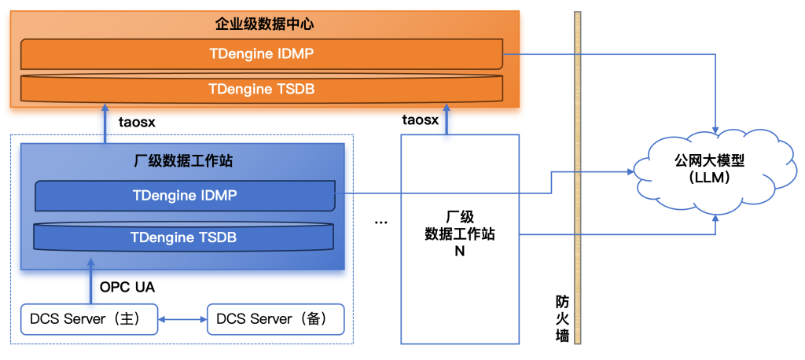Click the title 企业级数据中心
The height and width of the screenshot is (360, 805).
coord(264,24)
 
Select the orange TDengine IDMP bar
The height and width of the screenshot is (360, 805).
coord(261,54)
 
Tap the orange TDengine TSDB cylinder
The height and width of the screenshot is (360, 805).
coord(261,89)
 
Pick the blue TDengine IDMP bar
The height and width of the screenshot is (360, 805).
coord(184,195)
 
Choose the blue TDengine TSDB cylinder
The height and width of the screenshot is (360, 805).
coord(183,237)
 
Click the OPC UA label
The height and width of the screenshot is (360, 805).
coord(127,287)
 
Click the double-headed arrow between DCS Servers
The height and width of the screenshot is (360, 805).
coord(182,320)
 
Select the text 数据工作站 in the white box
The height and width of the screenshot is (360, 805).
coord(459,234)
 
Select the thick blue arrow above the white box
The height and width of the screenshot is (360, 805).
coord(447,123)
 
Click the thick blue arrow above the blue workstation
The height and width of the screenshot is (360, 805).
coord(105,123)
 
